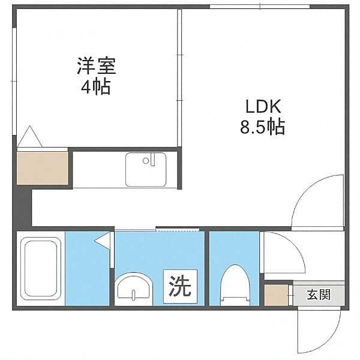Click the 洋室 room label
click(97, 66)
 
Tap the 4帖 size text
click(96, 87)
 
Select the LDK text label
click(263, 107)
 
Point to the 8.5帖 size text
click(263, 126)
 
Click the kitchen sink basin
click(146, 170)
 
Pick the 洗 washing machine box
click(180, 286)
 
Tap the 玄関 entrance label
click(319, 295)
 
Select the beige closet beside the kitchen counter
click(43, 168)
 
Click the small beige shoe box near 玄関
click(276, 295)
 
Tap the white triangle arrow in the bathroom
click(103, 241)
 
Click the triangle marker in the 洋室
click(30, 136)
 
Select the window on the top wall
click(260, 7)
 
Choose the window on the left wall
click(14, 81)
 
